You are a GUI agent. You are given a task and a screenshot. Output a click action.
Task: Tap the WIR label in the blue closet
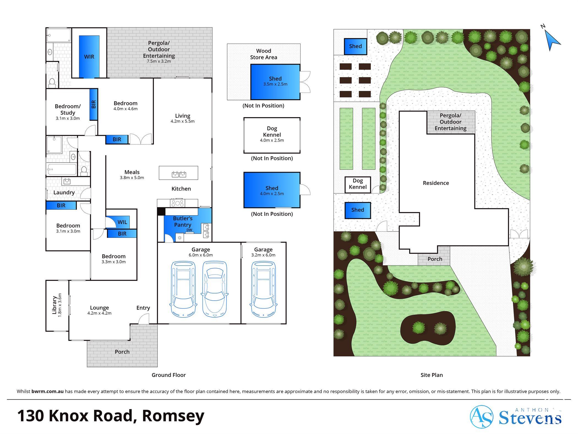pyautogui.click(x=89, y=57)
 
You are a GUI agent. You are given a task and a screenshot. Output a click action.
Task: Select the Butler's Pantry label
pyautogui.click(x=183, y=222)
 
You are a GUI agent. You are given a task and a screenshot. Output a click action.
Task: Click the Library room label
pyautogui.click(x=54, y=305)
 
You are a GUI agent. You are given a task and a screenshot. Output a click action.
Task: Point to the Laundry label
pyautogui.click(x=64, y=193)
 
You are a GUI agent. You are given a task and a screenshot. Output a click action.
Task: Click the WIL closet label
pyautogui.click(x=122, y=222)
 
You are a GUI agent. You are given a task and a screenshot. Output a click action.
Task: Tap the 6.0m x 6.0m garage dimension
pyautogui.click(x=201, y=255)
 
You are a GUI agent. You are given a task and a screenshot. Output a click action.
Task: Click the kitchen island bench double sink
pyautogui.click(x=179, y=174)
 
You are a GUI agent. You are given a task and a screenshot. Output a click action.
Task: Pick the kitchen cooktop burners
pyautogui.click(x=178, y=203)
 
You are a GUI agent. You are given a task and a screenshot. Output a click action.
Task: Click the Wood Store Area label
pyautogui.click(x=264, y=54)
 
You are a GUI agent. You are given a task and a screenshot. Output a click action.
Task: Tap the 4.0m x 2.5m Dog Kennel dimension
pyautogui.click(x=272, y=140)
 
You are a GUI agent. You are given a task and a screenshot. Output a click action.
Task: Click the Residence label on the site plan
pyautogui.click(x=436, y=183)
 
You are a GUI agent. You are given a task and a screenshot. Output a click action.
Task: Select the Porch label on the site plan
pyautogui.click(x=435, y=259)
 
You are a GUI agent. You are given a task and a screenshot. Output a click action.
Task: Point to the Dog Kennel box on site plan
pyautogui.click(x=358, y=185)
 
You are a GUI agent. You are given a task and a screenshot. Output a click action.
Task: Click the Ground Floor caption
pyautogui.click(x=169, y=375)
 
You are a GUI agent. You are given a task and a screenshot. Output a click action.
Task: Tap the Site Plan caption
pyautogui.click(x=432, y=375)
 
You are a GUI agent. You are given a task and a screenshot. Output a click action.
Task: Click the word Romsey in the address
pyautogui.click(x=173, y=416)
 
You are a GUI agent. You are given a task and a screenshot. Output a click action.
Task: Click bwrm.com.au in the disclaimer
pyautogui.click(x=48, y=391)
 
